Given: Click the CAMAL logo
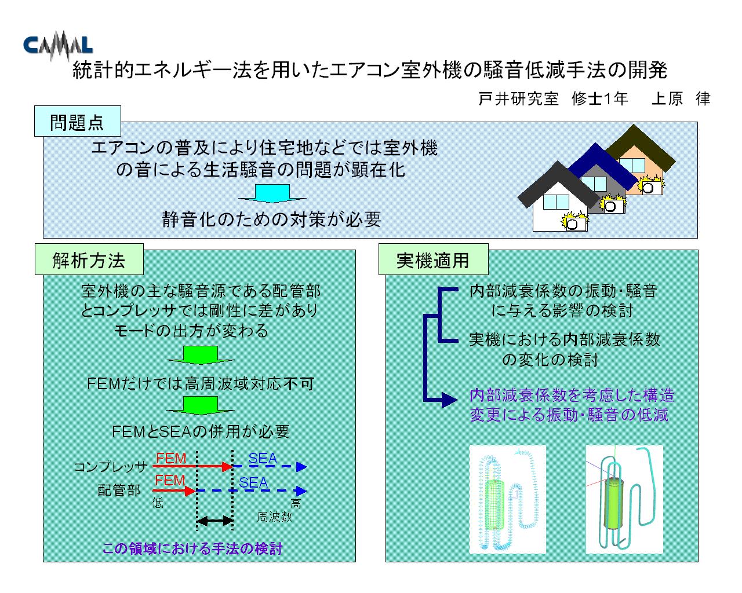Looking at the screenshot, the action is [58, 46].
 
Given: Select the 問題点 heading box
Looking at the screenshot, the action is [78, 121].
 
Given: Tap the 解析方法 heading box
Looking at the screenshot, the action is [89, 259].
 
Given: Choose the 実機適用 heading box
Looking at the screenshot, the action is [433, 259].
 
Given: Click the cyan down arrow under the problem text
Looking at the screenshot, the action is [272, 193].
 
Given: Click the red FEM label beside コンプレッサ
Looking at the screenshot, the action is [171, 458].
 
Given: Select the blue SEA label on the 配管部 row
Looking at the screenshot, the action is [253, 482].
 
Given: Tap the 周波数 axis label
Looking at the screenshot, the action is [274, 517].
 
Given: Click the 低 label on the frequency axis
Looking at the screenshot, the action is [158, 503].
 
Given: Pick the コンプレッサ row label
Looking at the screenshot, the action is [111, 467].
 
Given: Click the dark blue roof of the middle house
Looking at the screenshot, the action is [602, 166].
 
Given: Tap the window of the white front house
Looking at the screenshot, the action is [556, 202].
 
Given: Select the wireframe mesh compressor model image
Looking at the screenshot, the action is [507, 499].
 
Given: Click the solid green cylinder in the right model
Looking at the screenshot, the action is [614, 503].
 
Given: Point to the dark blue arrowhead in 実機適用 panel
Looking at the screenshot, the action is [450, 400].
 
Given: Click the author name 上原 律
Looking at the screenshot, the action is [681, 98].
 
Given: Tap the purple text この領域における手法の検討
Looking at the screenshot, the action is [192, 548].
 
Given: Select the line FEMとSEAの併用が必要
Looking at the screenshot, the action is [201, 431].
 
